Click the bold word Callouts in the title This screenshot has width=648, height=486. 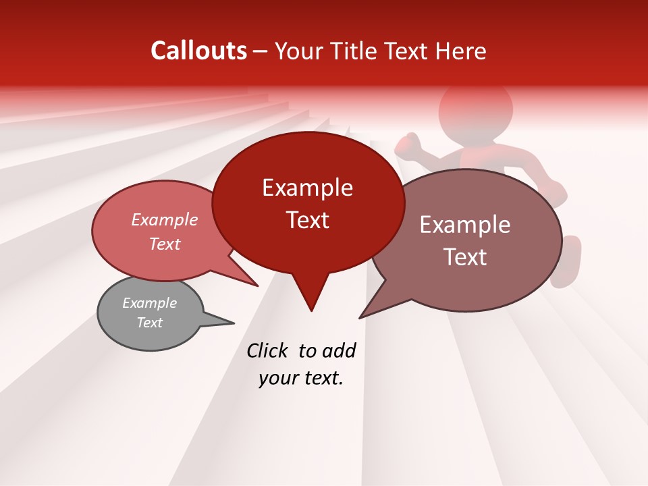pyautogui.click(x=198, y=51)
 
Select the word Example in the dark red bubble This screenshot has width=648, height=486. pyautogui.click(x=307, y=188)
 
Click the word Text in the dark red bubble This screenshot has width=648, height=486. pyautogui.click(x=307, y=220)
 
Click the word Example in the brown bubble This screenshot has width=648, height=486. pyautogui.click(x=465, y=225)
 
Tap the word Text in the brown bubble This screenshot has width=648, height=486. pyautogui.click(x=465, y=257)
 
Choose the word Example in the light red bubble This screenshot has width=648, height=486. pyautogui.click(x=164, y=220)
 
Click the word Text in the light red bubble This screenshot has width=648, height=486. pyautogui.click(x=164, y=244)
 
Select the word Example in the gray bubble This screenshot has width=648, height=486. pyautogui.click(x=149, y=303)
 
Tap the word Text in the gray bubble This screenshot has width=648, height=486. pyautogui.click(x=149, y=323)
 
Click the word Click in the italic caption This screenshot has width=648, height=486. pyautogui.click(x=269, y=350)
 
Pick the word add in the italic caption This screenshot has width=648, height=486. pyautogui.click(x=338, y=350)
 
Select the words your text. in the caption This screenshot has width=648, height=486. pyautogui.click(x=301, y=379)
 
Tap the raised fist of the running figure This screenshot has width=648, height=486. pyautogui.click(x=408, y=144)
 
